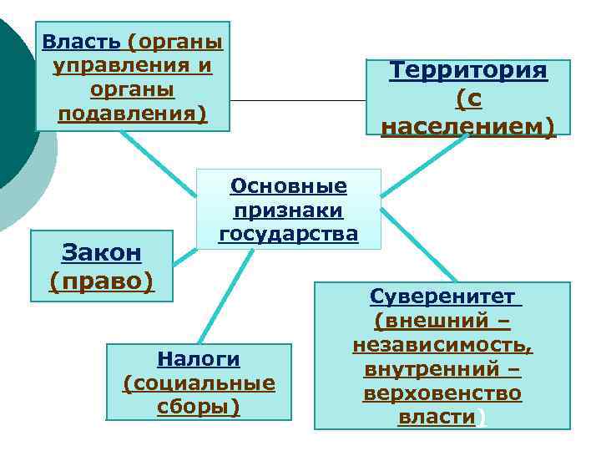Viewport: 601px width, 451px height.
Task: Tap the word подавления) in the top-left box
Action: (132, 112)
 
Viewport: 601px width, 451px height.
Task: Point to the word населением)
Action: (468, 127)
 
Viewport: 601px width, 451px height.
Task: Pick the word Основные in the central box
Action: (289, 185)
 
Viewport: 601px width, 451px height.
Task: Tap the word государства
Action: (289, 234)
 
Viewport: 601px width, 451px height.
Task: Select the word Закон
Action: (103, 252)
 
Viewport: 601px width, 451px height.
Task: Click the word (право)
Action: (103, 281)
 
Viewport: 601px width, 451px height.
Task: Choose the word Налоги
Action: (199, 358)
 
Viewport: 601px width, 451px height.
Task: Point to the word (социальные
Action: (199, 383)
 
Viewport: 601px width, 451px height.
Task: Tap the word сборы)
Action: (199, 407)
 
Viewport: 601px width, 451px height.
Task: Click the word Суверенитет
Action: (442, 297)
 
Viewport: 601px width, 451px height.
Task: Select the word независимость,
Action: (442, 345)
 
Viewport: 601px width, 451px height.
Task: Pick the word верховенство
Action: (442, 393)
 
